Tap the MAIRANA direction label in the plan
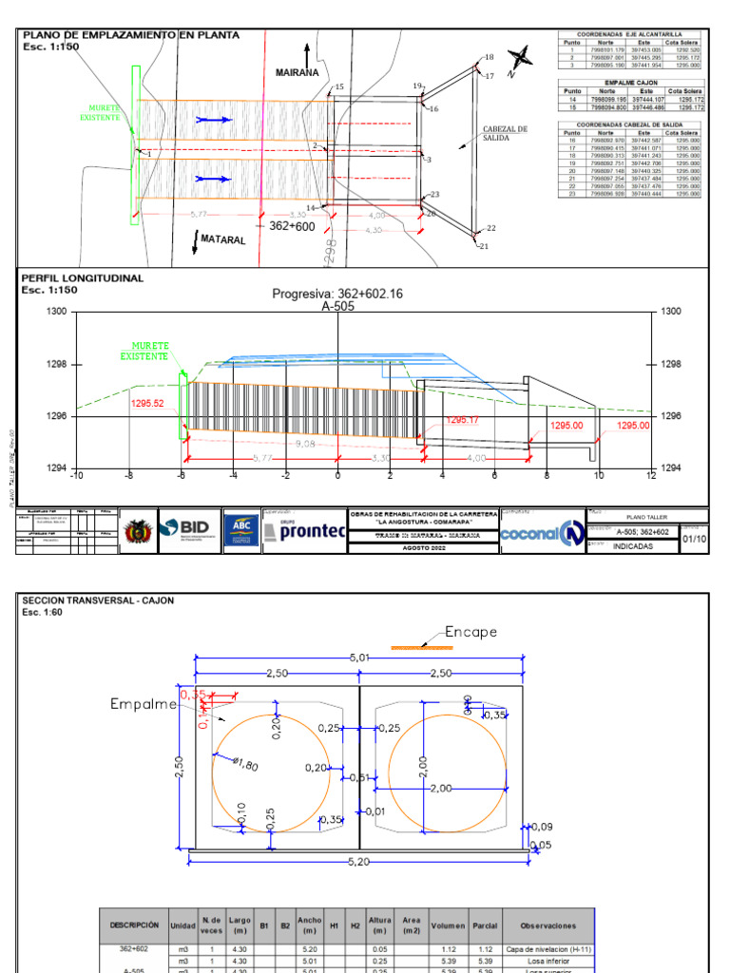[297, 72]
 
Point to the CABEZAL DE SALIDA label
[505, 133]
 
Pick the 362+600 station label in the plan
[291, 227]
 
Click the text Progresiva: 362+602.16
[337, 294]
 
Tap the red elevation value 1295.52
[147, 403]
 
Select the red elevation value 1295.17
[463, 420]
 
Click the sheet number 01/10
[695, 537]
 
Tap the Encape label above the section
[471, 632]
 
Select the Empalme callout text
[144, 703]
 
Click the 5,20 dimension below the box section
[358, 862]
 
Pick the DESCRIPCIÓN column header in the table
[133, 925]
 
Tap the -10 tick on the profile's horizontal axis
[77, 475]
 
